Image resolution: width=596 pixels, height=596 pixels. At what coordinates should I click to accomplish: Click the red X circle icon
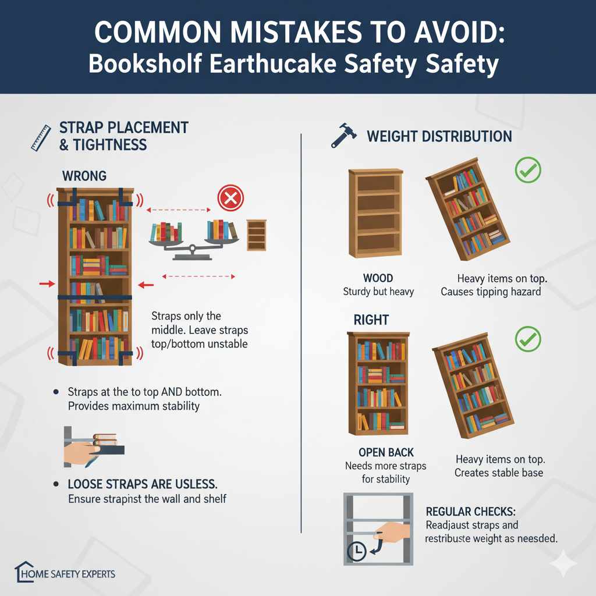pos(230,199)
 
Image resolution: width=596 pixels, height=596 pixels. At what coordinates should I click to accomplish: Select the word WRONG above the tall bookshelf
pos(84,175)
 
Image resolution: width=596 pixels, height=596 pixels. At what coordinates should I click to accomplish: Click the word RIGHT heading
pos(371,320)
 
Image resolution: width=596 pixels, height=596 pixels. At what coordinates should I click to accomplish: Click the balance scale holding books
pos(194,236)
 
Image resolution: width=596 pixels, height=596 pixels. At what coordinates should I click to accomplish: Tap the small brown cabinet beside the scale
pos(256,235)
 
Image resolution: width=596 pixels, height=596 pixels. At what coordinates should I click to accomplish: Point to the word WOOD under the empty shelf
pos(378,278)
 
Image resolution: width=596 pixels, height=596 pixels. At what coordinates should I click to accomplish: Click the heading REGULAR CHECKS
pos(471,511)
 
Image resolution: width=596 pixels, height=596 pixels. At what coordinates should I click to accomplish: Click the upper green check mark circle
pos(528,170)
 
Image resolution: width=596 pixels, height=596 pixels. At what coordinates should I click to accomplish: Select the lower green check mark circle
pos(528,339)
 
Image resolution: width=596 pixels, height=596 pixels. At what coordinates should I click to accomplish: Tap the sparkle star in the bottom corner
pos(563,563)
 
